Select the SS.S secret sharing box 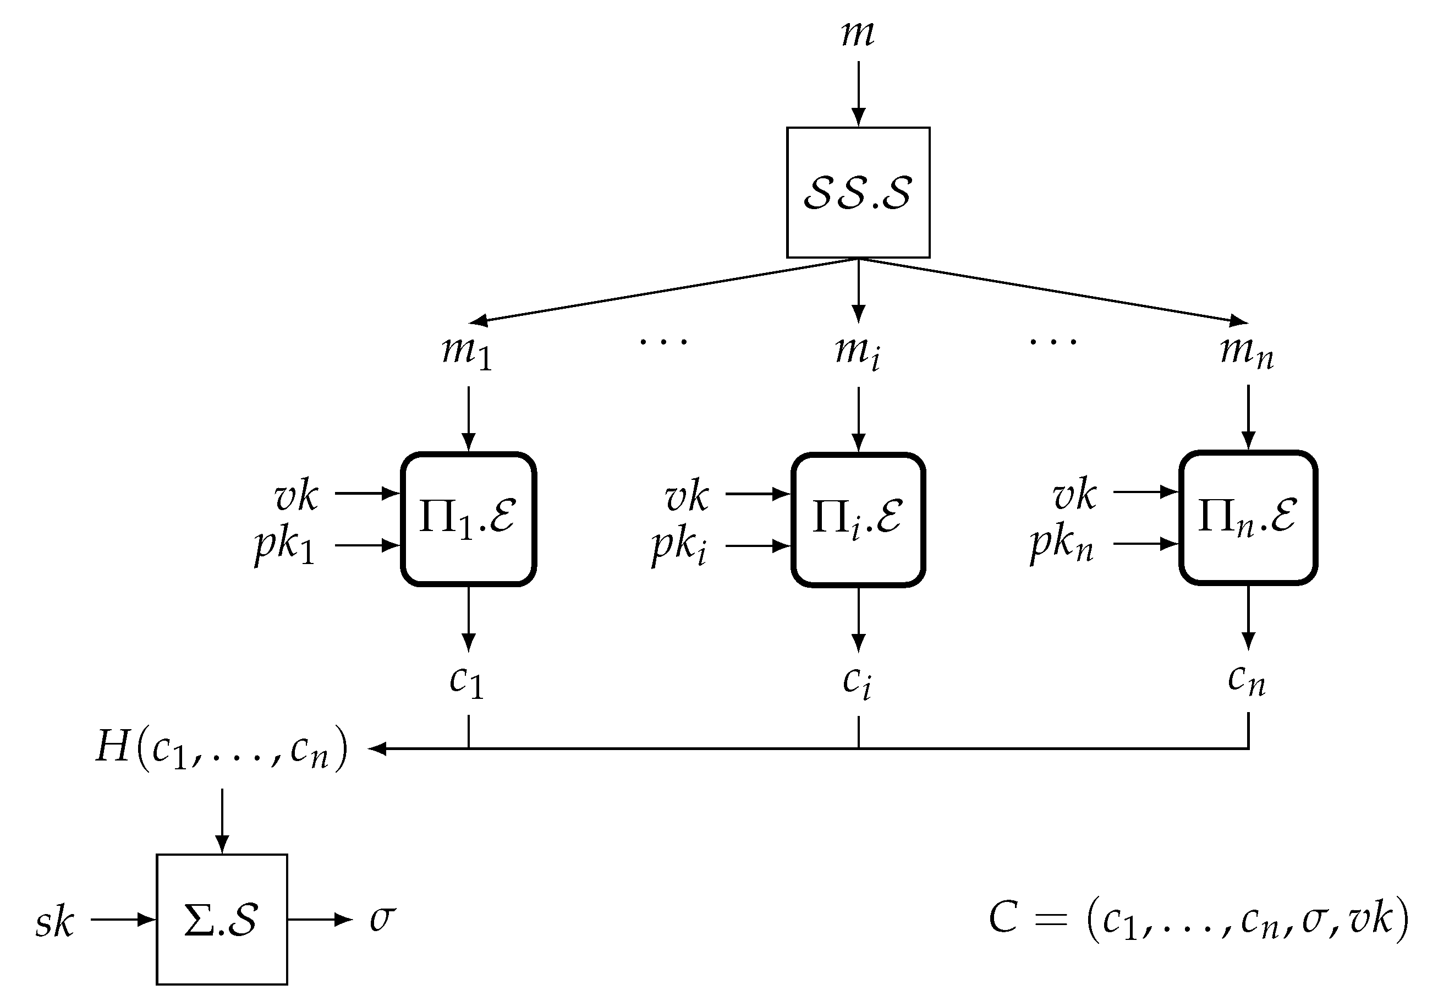pos(858,192)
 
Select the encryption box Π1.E pos(469,519)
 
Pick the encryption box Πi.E pos(858,519)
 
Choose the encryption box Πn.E pos(1248,517)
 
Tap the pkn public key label pos(1062,544)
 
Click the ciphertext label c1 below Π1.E pos(467,681)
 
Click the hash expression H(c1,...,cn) pos(222,748)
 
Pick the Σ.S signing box pos(222,919)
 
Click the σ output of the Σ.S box pos(382,919)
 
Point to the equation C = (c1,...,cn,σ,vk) pos(1198,920)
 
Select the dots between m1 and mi pos(663,341)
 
